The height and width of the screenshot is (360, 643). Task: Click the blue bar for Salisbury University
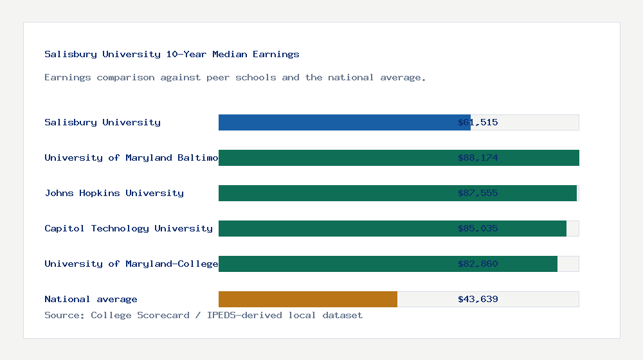[344, 122]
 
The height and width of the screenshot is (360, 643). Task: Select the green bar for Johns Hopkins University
[397, 193]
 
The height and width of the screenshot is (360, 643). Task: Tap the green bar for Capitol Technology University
[392, 228]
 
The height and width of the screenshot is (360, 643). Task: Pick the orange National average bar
[307, 299]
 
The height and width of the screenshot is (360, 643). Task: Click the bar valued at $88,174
[399, 157]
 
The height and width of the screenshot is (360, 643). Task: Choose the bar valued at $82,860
[388, 264]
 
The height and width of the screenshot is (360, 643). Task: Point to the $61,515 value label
[478, 122]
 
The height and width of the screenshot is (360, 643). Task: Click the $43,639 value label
[478, 299]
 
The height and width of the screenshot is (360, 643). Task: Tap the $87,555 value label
[478, 193]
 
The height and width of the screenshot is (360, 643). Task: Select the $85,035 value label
[478, 228]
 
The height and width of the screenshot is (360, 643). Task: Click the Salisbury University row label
[102, 122]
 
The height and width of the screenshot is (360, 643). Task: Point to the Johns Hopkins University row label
[114, 193]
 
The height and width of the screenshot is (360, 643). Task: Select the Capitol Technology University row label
[129, 228]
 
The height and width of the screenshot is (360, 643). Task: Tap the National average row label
[91, 299]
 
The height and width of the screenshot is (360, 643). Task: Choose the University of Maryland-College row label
[131, 264]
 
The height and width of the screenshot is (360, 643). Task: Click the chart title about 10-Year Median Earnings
[172, 54]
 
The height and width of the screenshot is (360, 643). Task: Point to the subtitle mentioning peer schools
[235, 77]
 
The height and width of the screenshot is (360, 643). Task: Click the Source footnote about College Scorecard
[203, 315]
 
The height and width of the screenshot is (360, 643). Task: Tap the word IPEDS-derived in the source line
[244, 315]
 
